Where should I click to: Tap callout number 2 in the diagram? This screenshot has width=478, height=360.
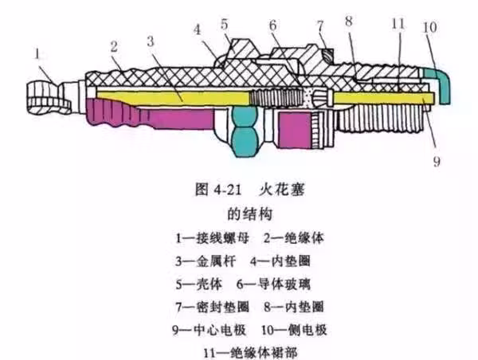tap(116, 45)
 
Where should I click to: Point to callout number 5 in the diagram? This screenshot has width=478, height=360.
tap(226, 23)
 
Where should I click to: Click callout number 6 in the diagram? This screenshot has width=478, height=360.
tap(273, 25)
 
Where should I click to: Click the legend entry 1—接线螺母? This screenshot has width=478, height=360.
tap(198, 237)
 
